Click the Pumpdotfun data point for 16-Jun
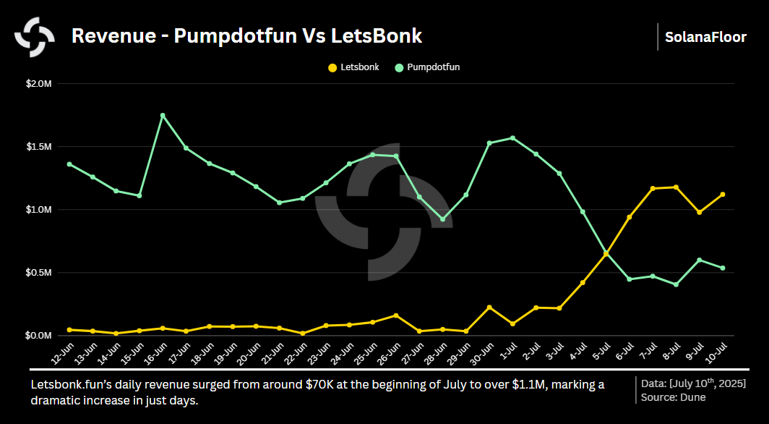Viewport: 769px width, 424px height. (163, 116)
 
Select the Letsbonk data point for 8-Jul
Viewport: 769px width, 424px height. (676, 187)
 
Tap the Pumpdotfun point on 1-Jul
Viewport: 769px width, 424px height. (513, 138)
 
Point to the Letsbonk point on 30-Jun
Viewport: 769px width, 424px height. (489, 308)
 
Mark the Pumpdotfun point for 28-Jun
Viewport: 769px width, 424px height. (443, 219)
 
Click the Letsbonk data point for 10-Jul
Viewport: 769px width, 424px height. (723, 195)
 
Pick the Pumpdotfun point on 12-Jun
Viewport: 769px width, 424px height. (69, 164)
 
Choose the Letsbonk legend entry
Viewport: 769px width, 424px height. (353, 67)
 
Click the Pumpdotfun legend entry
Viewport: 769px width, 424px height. (427, 67)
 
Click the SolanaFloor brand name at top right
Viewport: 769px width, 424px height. (705, 37)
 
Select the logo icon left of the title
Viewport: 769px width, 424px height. (35, 36)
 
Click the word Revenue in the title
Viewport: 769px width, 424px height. (113, 36)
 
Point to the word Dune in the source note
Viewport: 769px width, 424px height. (692, 397)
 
